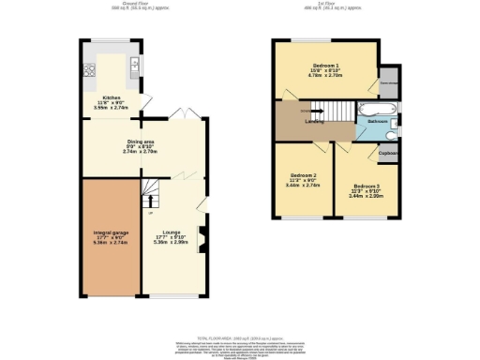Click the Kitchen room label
[x=112, y=97]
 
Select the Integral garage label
[x=110, y=232]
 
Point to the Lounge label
[x=171, y=232]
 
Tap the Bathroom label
[x=378, y=122]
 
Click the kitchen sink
[x=136, y=65]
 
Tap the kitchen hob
[x=89, y=68]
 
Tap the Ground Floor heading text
[x=113, y=6]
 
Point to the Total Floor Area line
[x=239, y=335]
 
